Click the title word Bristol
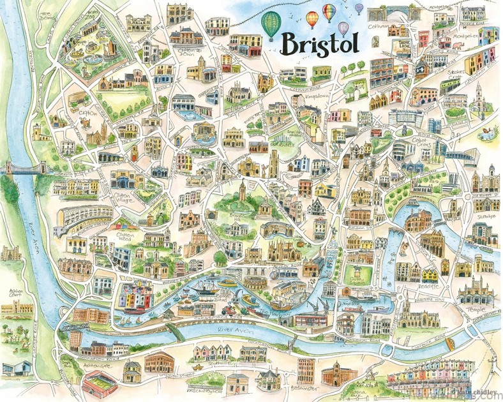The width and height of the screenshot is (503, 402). click(319, 44)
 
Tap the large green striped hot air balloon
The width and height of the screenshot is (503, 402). click(271, 25)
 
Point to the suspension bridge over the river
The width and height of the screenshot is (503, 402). click(26, 168)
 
